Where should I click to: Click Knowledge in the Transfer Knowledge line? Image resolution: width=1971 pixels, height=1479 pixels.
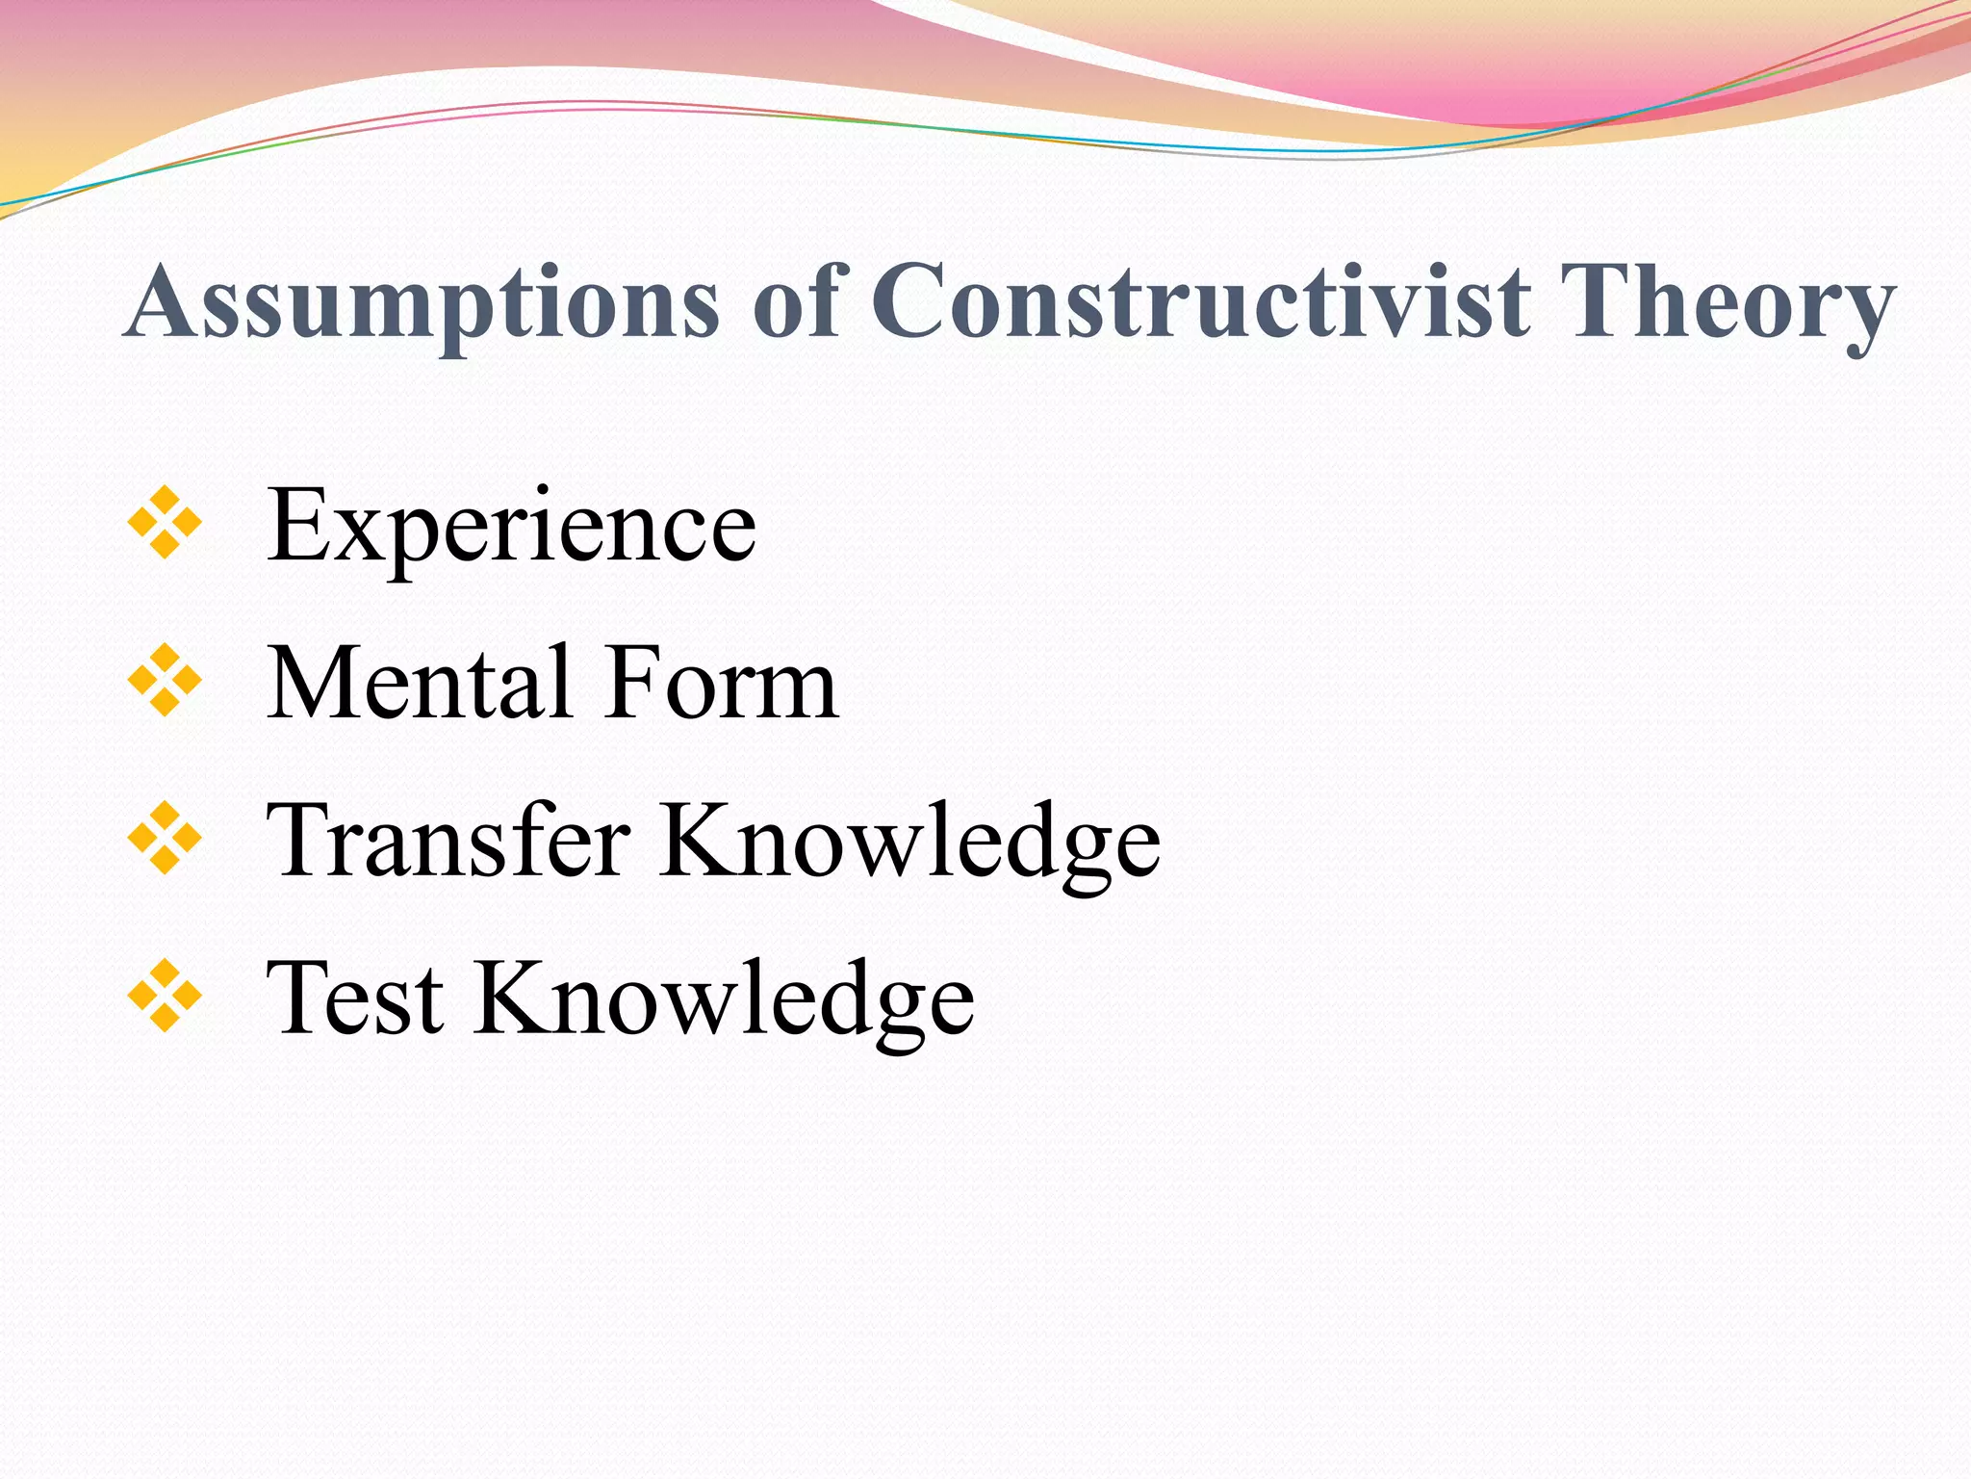[909, 843]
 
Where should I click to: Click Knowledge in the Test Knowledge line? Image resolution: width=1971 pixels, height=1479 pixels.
[724, 1001]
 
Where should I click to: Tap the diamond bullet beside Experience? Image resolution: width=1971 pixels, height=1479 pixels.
[165, 522]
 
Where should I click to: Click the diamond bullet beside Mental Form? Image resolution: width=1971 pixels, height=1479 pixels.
[165, 680]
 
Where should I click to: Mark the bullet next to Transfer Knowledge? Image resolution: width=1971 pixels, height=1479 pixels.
[165, 838]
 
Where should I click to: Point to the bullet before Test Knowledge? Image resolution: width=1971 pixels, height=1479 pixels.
[165, 996]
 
